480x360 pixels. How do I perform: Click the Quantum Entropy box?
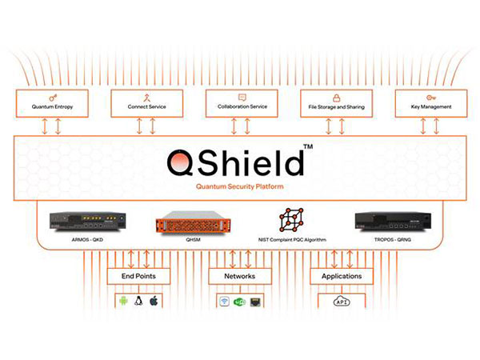click(52, 103)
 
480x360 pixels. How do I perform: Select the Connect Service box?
click(147, 103)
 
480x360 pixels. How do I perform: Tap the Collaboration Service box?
click(242, 103)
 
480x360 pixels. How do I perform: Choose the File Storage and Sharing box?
click(337, 103)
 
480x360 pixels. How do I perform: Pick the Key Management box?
click(431, 103)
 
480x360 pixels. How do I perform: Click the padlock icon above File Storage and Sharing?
click(337, 98)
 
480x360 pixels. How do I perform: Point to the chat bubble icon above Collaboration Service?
click(242, 98)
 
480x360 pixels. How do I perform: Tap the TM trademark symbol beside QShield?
click(308, 146)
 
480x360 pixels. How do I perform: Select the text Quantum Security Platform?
click(240, 186)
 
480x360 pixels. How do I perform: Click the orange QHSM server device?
click(193, 222)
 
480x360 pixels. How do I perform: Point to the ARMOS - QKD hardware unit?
click(87, 222)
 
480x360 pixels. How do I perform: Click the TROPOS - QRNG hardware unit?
click(393, 222)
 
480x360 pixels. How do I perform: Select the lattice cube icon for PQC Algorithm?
click(291, 220)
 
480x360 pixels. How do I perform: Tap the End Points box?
click(138, 276)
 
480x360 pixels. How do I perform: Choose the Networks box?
click(240, 276)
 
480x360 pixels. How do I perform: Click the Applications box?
click(342, 276)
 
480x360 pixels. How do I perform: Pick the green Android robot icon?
click(123, 302)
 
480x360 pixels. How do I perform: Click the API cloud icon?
click(342, 302)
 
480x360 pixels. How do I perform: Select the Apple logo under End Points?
click(154, 301)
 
